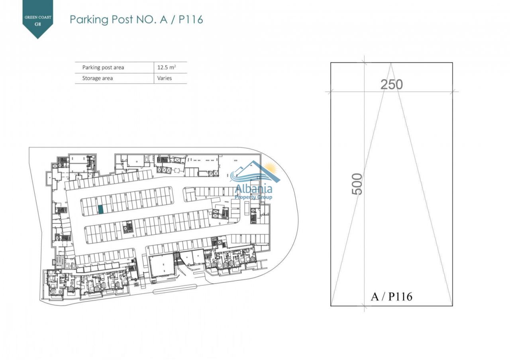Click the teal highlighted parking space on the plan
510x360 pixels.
pyautogui.click(x=101, y=209)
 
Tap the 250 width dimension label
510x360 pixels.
pyautogui.click(x=392, y=84)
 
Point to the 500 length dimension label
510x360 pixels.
pyautogui.click(x=357, y=184)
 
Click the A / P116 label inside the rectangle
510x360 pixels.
pyautogui.click(x=391, y=297)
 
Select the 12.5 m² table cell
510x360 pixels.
pyautogui.click(x=167, y=67)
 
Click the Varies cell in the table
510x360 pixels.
pyautogui.click(x=165, y=78)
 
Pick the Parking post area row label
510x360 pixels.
pyautogui.click(x=103, y=67)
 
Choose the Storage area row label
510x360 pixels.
pyautogui.click(x=98, y=78)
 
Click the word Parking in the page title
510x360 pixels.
pyautogui.click(x=89, y=20)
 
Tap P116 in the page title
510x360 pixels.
pyautogui.click(x=190, y=20)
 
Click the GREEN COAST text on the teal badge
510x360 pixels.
pyautogui.click(x=38, y=17)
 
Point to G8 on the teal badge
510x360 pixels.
pyautogui.click(x=38, y=24)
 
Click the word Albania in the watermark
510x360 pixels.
pyautogui.click(x=253, y=189)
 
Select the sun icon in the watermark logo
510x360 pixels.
pyautogui.click(x=270, y=168)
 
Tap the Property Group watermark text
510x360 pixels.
pyautogui.click(x=253, y=197)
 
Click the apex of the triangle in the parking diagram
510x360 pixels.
pyautogui.click(x=391, y=63)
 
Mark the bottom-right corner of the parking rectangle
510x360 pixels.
pyautogui.click(x=452, y=306)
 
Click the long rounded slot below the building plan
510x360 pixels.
pyautogui.click(x=175, y=292)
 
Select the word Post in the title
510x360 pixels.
pyautogui.click(x=122, y=20)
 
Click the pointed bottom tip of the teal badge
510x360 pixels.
pyautogui.click(x=38, y=39)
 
